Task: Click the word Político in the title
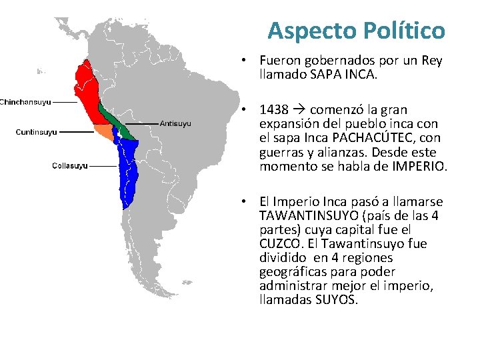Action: (x=404, y=30)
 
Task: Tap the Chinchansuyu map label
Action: (x=25, y=102)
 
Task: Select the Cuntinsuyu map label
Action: (x=37, y=132)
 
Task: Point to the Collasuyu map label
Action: (x=70, y=165)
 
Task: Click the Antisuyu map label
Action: (x=176, y=123)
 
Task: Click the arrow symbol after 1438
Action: (x=298, y=109)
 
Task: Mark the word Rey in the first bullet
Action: (x=431, y=61)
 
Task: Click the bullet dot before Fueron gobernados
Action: (x=246, y=61)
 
